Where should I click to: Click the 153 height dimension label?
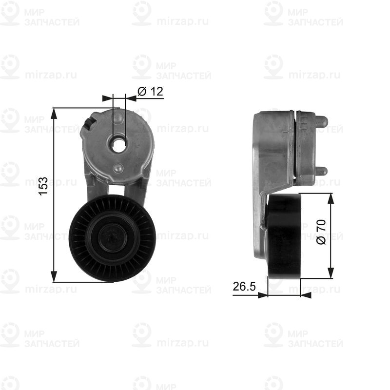point(43,187)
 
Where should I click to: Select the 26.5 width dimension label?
point(244,287)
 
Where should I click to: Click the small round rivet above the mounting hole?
point(118,117)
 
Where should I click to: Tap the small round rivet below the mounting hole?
point(118,168)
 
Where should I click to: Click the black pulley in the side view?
point(284,237)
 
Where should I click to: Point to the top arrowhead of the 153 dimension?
point(55,113)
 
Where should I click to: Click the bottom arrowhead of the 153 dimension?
point(55,277)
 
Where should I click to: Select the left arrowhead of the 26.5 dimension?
point(263,294)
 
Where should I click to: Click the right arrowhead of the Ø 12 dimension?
point(131,98)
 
